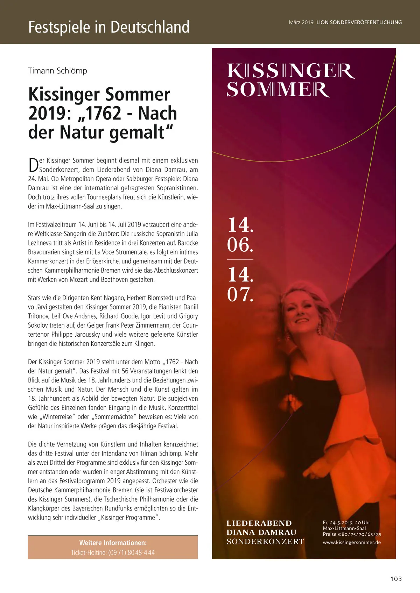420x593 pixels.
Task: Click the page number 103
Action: [396, 579]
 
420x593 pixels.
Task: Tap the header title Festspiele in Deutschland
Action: [109, 27]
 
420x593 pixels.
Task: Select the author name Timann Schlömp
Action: [57, 71]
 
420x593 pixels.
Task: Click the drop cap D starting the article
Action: [33, 165]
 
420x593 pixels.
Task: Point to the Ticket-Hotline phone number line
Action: [113, 552]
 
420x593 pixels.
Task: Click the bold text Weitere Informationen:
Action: [113, 543]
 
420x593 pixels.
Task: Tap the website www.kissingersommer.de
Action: [352, 542]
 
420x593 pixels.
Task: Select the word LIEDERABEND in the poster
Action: [259, 523]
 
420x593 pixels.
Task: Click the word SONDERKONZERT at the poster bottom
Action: [265, 541]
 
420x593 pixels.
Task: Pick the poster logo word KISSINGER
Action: [290, 71]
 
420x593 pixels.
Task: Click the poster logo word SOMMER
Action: [278, 90]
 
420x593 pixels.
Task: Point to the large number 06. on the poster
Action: [240, 244]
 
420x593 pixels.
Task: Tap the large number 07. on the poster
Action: [240, 294]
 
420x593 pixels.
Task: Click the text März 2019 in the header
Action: [301, 22]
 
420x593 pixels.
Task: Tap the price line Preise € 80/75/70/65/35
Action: [352, 534]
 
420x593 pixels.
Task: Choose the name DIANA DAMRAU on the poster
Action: [261, 532]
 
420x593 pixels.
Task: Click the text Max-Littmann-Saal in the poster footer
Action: [344, 528]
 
